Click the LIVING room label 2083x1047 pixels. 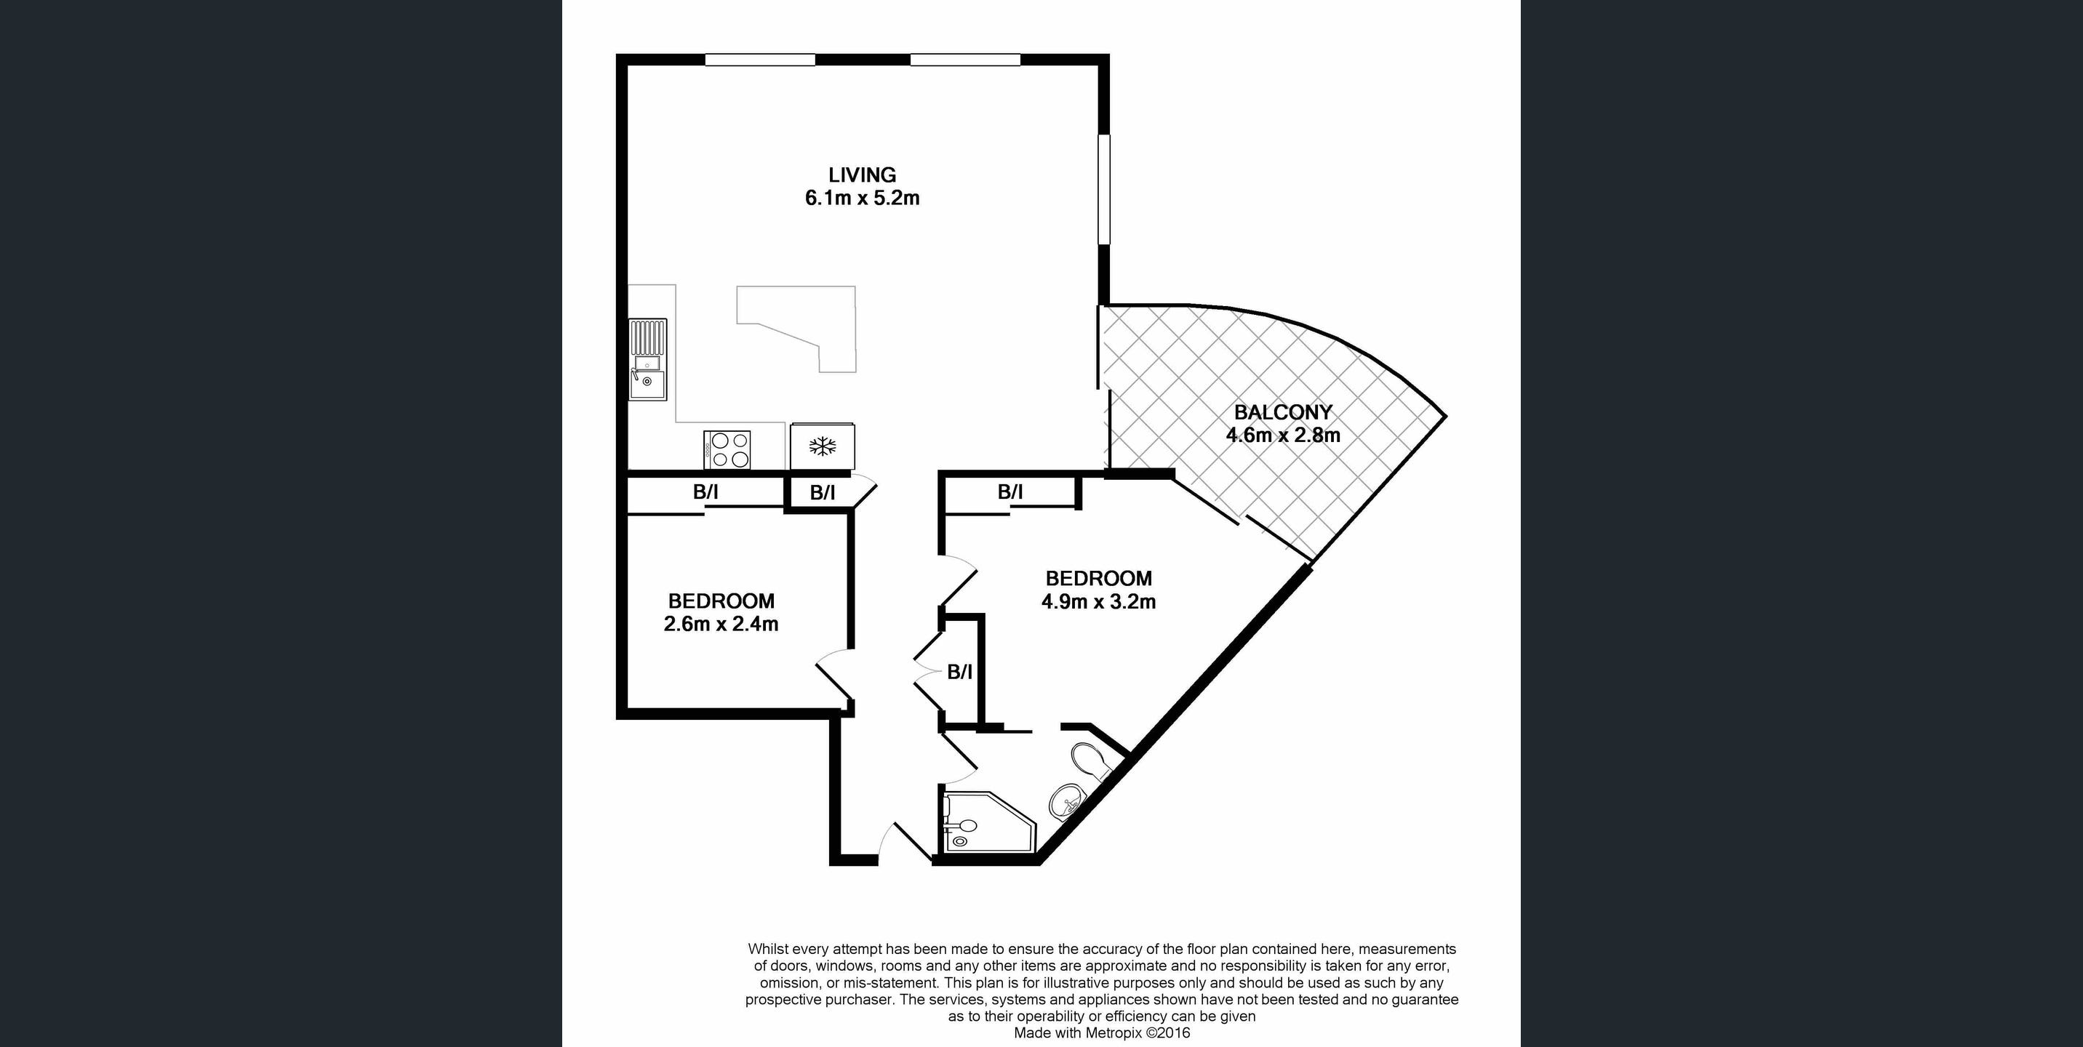[862, 174]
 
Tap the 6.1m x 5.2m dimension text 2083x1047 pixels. [862, 198]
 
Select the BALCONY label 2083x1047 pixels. [1282, 412]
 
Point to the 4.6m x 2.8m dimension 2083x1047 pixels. [1283, 435]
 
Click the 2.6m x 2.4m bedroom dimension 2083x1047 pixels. [721, 624]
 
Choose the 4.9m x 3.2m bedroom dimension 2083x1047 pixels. [1098, 601]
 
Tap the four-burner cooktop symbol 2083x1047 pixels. [727, 449]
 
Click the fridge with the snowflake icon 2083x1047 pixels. [823, 446]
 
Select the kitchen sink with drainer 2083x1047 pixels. [648, 359]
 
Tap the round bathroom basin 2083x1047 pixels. [1066, 801]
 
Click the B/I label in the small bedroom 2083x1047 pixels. [705, 492]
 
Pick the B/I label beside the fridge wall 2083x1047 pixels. [823, 492]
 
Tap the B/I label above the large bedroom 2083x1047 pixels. [1010, 492]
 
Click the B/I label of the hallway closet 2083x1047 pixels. [960, 672]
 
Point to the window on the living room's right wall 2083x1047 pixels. [1104, 189]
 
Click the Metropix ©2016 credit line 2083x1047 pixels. [1102, 1033]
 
